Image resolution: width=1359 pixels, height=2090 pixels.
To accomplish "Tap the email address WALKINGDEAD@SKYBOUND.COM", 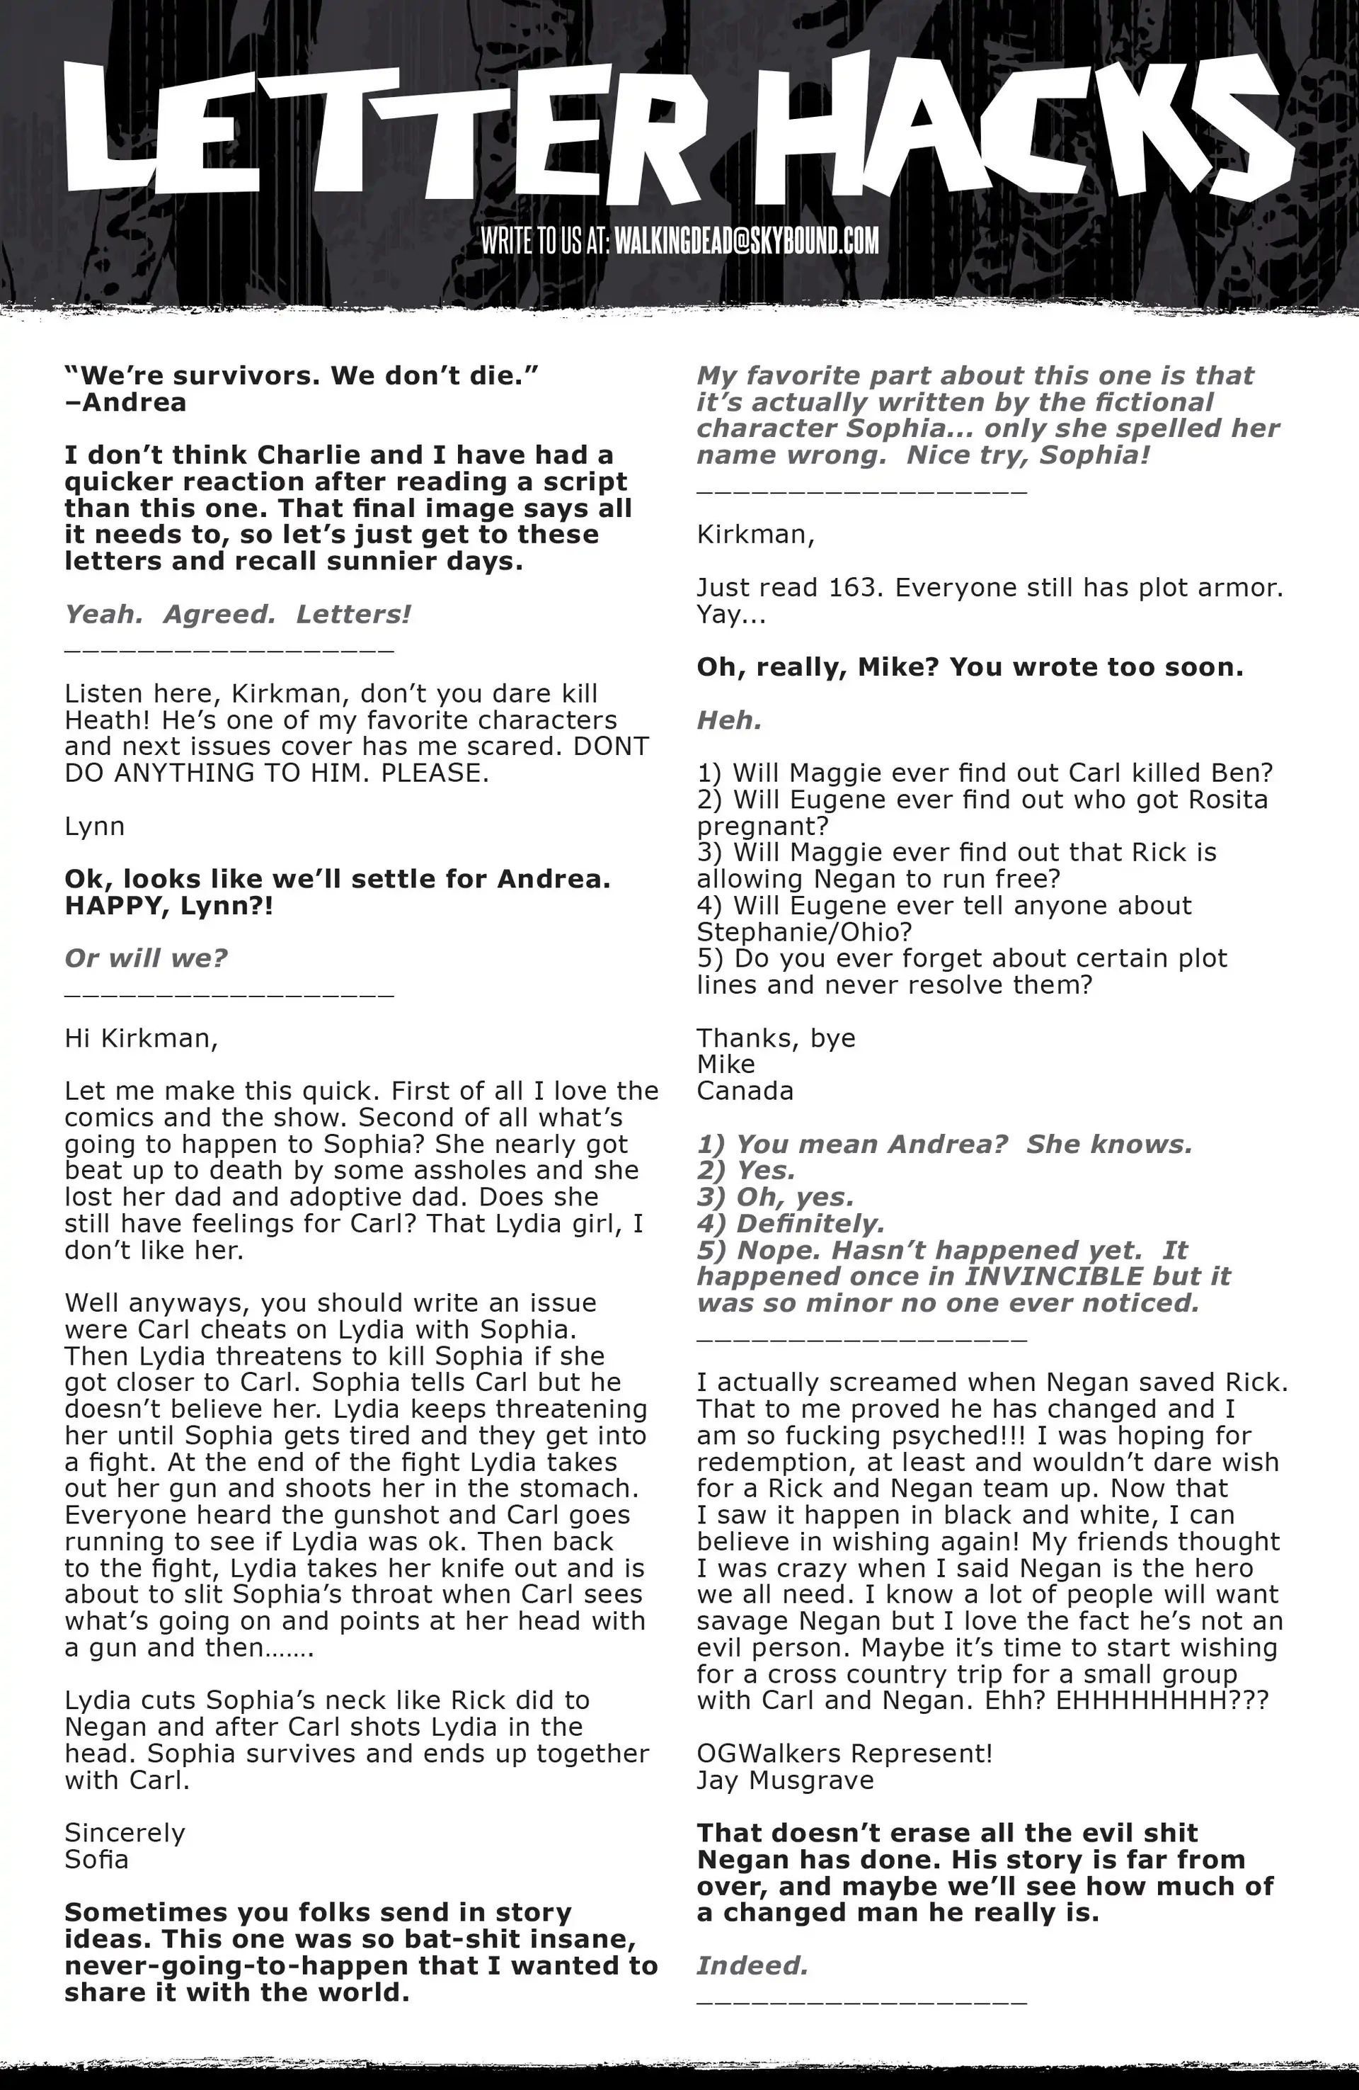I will (745, 241).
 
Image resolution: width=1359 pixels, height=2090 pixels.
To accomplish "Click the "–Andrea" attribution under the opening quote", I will (125, 402).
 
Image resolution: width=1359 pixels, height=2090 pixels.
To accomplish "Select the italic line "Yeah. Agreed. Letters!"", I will (237, 614).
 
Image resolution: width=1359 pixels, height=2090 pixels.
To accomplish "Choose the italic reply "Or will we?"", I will (146, 958).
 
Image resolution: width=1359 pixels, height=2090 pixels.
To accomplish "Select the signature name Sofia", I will (96, 1859).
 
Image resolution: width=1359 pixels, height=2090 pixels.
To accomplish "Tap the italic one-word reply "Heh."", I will (728, 720).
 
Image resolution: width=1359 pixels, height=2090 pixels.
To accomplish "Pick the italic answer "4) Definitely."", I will (790, 1223).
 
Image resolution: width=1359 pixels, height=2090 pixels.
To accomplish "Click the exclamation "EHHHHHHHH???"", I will (1162, 1700).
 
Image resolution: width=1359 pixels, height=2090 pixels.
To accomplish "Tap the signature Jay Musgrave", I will (785, 1780).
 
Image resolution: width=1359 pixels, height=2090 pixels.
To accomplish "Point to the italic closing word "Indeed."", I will (752, 1965).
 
